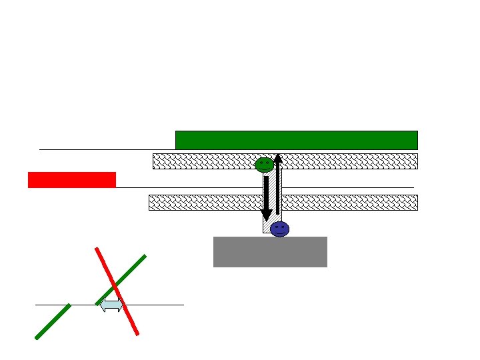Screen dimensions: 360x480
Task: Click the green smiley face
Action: (264, 165)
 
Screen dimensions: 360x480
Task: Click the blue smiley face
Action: (280, 229)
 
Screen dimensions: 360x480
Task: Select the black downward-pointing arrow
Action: (266, 197)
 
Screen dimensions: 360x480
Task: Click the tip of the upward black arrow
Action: (277, 155)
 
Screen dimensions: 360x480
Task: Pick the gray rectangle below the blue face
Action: (270, 251)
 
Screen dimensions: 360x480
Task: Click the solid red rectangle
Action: (72, 179)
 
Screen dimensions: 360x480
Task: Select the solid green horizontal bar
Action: (296, 140)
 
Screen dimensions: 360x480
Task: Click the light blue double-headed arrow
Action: (111, 305)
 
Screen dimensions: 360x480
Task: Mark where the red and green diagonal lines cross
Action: (115, 286)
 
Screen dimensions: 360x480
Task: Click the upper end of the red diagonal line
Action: (97, 249)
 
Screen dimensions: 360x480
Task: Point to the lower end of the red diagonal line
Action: (137, 333)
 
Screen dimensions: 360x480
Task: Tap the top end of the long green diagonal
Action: (145, 256)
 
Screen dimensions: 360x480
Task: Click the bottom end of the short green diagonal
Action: (37, 338)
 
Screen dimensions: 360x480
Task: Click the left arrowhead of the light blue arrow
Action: (101, 305)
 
